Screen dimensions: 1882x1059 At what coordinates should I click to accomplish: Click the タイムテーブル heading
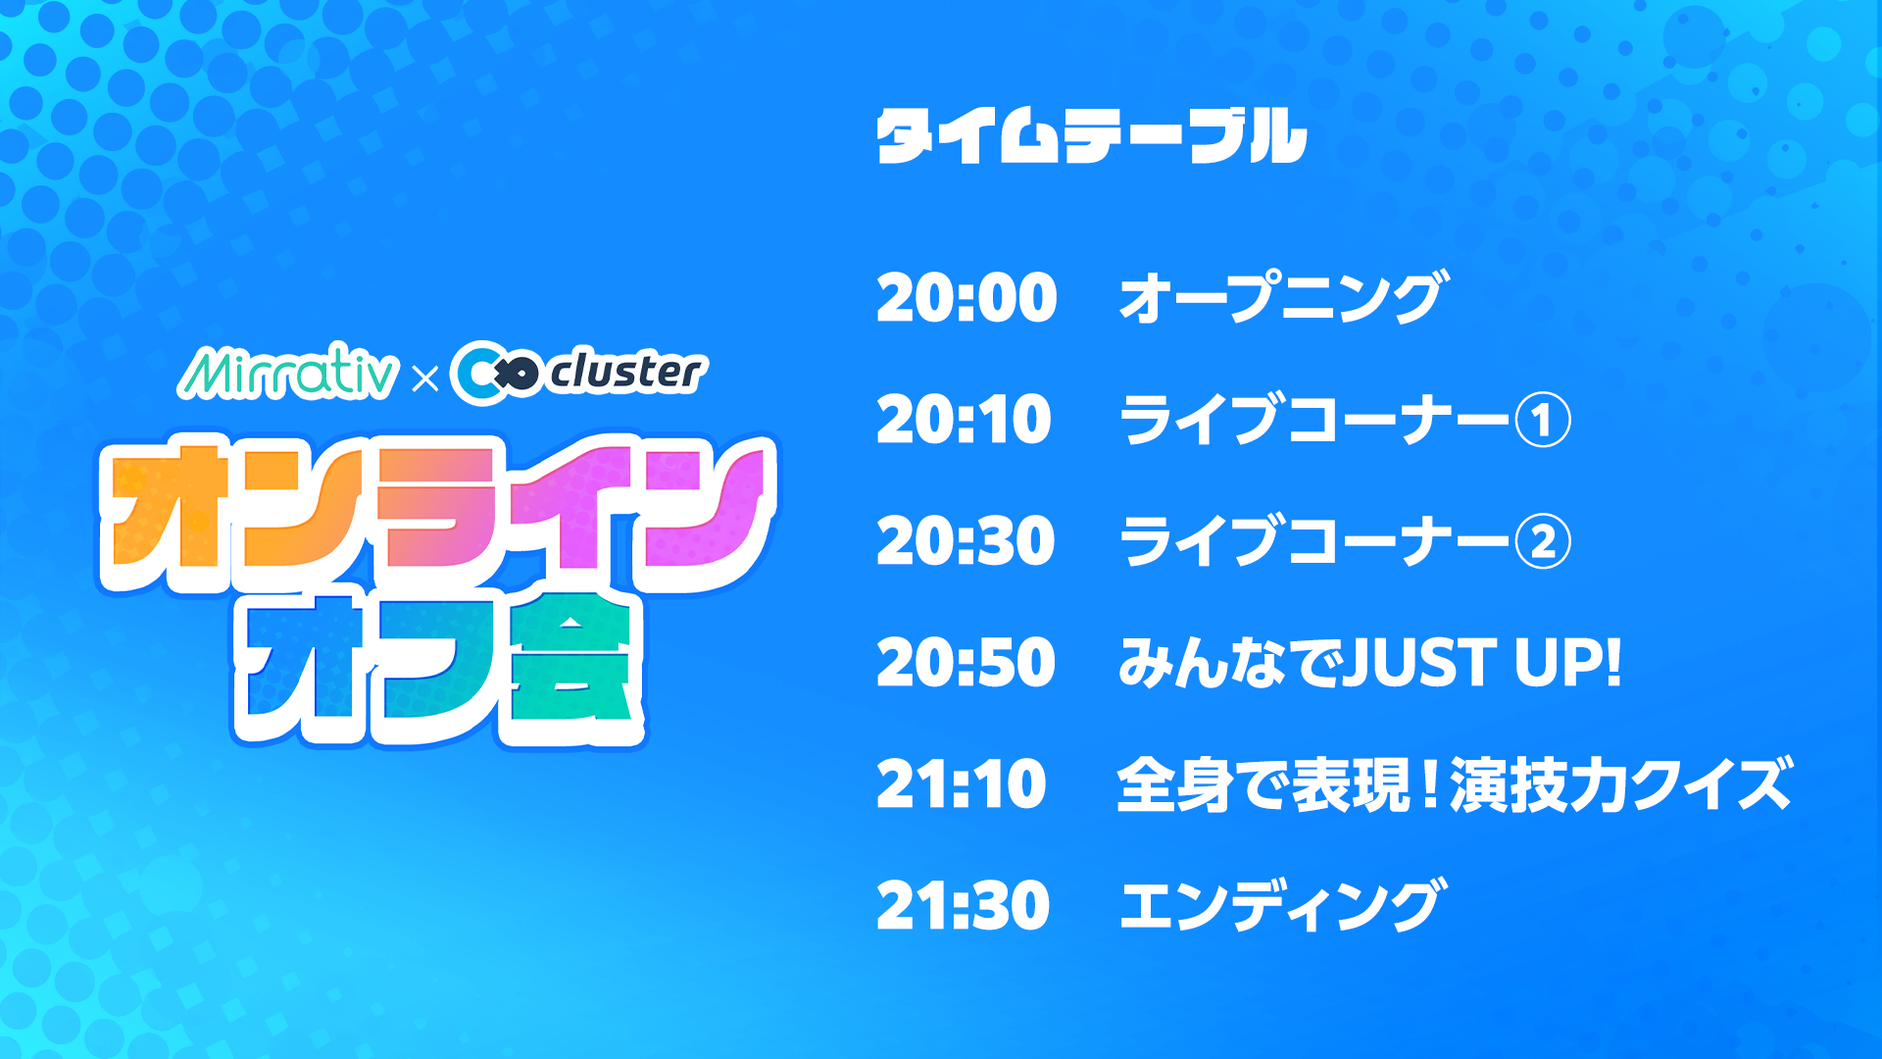[1091, 135]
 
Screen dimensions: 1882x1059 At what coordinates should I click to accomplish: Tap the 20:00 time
[966, 298]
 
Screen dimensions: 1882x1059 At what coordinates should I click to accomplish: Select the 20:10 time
[964, 420]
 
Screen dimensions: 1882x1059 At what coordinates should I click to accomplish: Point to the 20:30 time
[966, 541]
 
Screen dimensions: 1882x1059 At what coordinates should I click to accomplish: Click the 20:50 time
[966, 663]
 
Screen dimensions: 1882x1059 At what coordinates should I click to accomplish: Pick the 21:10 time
[961, 784]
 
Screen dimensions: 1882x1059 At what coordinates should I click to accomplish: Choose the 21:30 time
[964, 906]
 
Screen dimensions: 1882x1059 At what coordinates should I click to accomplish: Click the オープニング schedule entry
[1283, 297]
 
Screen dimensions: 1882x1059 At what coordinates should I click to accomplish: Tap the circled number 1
[1543, 421]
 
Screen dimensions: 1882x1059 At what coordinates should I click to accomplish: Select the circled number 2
[1543, 542]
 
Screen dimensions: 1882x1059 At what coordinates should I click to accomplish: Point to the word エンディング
[1283, 905]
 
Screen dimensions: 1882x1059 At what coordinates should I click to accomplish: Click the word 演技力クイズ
[1621, 784]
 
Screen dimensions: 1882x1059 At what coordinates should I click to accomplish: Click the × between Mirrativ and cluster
[425, 378]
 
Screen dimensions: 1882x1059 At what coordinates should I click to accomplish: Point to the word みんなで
[1229, 663]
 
